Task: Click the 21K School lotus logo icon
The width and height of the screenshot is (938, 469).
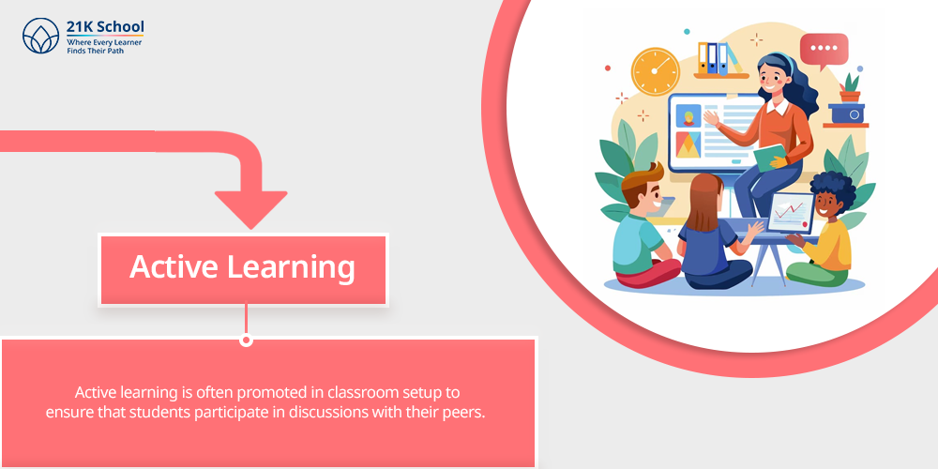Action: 40,36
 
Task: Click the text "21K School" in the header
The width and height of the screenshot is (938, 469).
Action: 105,27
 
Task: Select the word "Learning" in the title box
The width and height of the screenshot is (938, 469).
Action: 292,267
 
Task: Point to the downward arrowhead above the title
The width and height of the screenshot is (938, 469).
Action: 250,209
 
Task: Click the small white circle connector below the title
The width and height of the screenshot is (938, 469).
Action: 246,340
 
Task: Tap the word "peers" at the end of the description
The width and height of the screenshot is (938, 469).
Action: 467,413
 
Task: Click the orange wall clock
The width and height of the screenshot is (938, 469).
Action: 656,71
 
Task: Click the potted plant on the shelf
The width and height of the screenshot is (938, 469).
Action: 850,88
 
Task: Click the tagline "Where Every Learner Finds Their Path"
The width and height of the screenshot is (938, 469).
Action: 104,47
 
